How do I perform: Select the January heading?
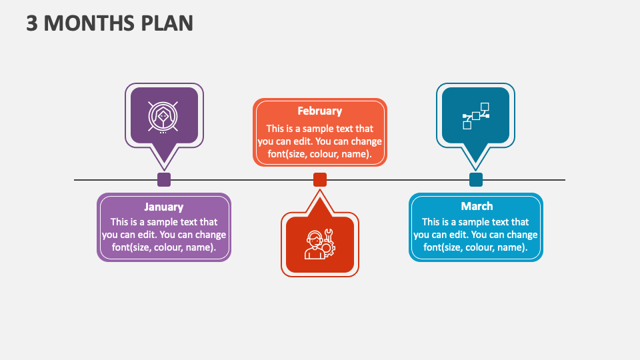click(x=163, y=207)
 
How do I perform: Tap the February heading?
click(x=319, y=111)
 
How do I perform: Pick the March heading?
click(x=476, y=207)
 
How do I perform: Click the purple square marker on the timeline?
click(x=164, y=180)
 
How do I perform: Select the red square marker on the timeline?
click(x=320, y=180)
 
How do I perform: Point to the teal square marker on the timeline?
click(x=476, y=180)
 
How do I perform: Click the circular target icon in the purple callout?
click(x=163, y=116)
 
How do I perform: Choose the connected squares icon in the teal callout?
click(x=476, y=116)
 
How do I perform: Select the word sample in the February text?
click(x=327, y=129)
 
